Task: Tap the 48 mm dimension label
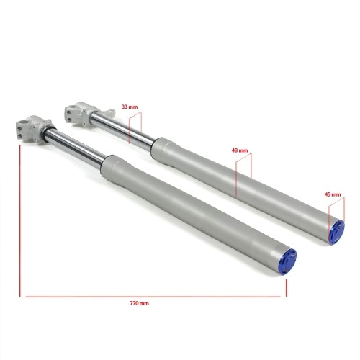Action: pyautogui.click(x=239, y=152)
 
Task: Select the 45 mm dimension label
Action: pyautogui.click(x=333, y=194)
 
